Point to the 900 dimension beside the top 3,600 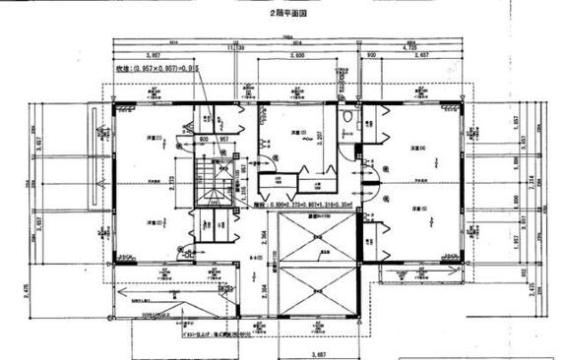coord(372,57)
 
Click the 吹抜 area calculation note coord(131,72)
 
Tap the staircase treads coord(211,186)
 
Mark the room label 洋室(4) coord(421,149)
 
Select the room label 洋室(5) coord(421,209)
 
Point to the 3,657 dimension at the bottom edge coord(318,351)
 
